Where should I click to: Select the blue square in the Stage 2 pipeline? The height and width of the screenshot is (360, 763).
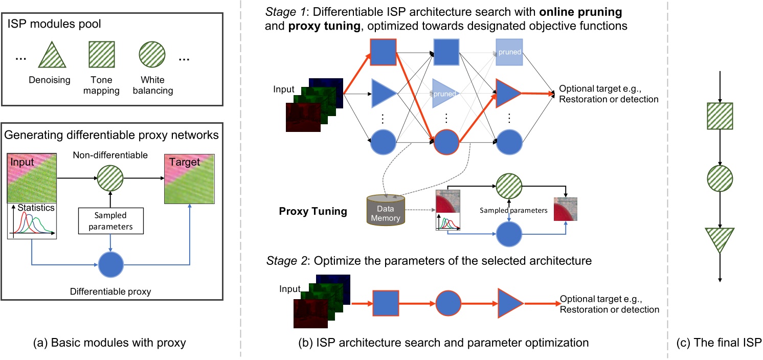point(385,303)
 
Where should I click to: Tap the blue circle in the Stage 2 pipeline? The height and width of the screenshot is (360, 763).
point(448,303)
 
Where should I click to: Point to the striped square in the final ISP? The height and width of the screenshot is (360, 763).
point(720,116)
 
